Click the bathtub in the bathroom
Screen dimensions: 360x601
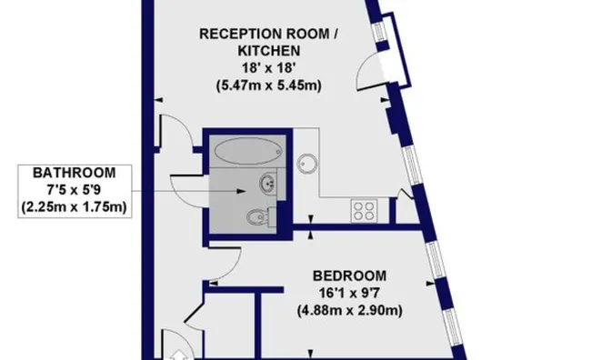tap(248, 149)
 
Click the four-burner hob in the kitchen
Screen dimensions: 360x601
tap(365, 211)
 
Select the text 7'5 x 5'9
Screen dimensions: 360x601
tap(75, 189)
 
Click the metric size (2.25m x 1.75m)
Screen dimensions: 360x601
tap(75, 206)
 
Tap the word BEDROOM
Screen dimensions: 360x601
tap(350, 275)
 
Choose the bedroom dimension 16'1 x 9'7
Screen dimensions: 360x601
tap(350, 293)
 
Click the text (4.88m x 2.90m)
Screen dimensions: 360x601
tap(350, 310)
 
